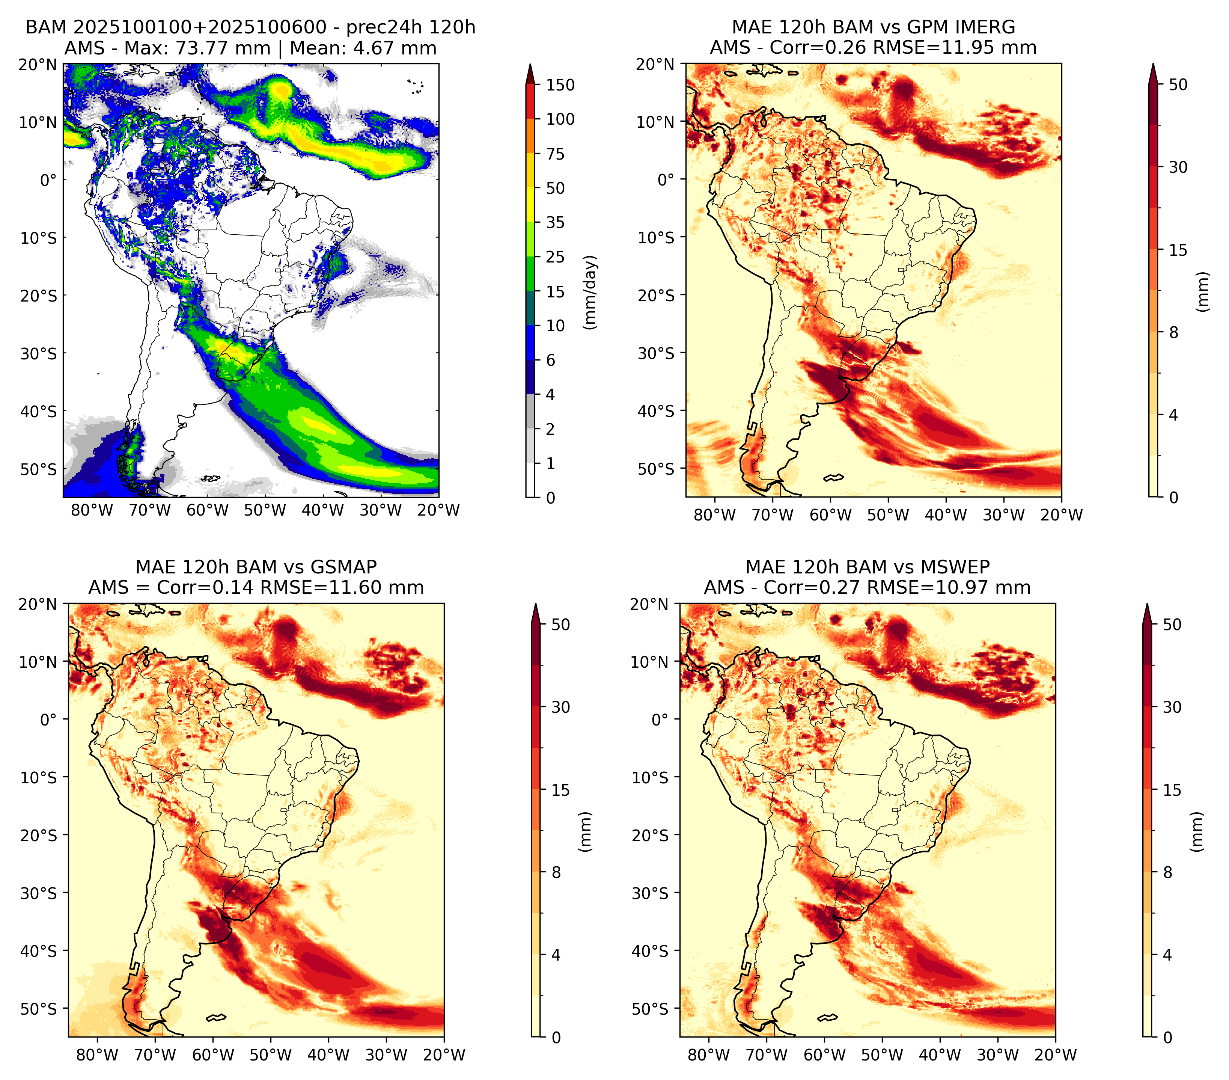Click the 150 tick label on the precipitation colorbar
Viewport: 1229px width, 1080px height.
[560, 85]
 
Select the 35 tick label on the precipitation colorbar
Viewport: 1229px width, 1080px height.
[555, 222]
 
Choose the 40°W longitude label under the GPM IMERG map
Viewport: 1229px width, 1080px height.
[946, 515]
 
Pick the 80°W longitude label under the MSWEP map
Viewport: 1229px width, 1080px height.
[709, 1055]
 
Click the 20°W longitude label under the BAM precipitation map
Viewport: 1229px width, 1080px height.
[439, 510]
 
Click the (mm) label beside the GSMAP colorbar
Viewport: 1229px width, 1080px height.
[584, 832]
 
